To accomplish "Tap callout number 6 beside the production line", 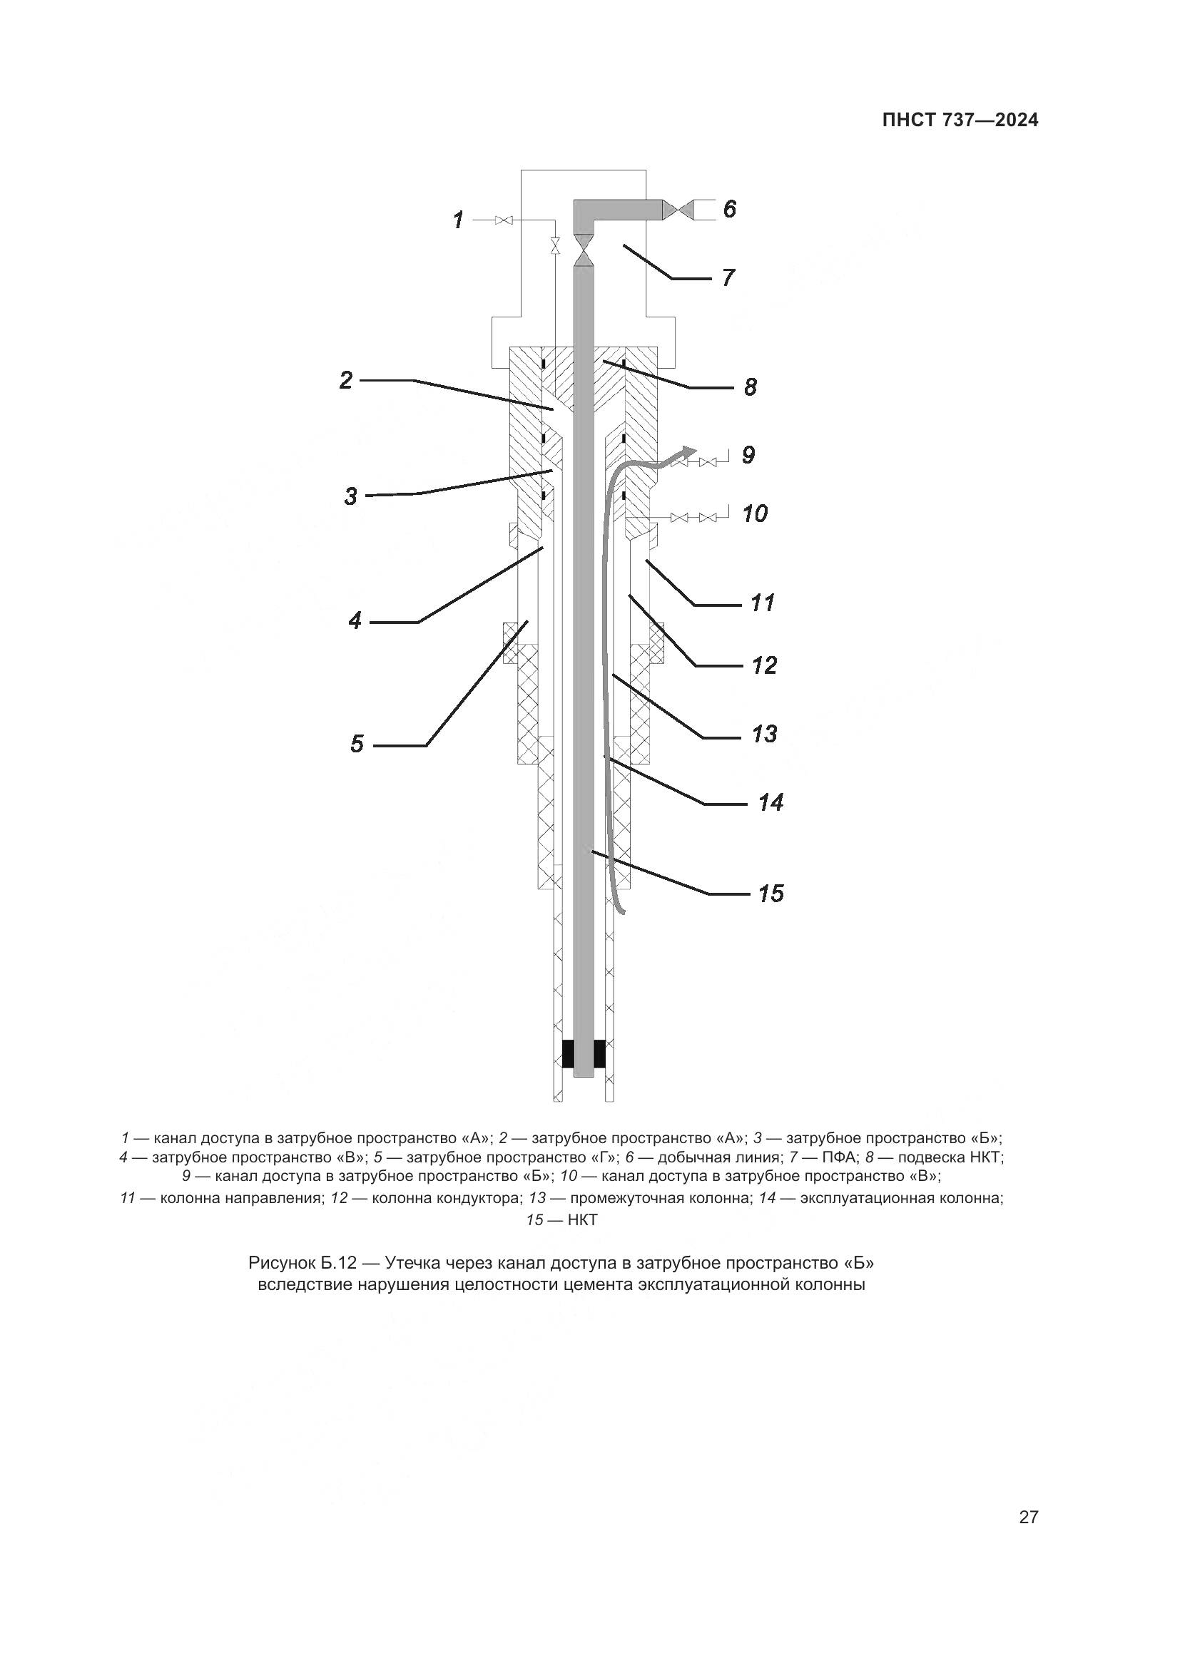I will point(730,209).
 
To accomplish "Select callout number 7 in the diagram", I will point(728,277).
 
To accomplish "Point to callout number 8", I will point(750,387).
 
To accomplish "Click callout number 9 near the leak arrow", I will point(748,455).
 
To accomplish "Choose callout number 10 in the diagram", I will point(755,513).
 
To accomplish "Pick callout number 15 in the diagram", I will point(771,893).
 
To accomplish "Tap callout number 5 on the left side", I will point(357,744).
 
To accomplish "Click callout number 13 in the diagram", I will point(764,734).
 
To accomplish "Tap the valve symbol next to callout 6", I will point(679,210).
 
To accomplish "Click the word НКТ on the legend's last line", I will point(582,1220).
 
